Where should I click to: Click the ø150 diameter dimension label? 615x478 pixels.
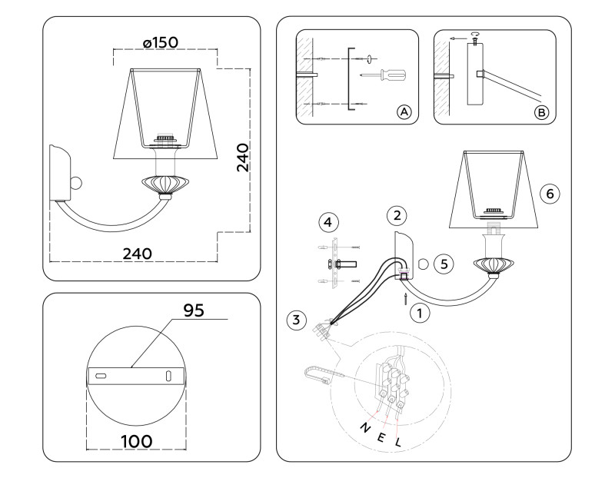pos(161,42)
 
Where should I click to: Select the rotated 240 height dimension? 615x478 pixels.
pos(243,158)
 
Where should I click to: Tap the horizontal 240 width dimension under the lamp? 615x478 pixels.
pos(135,253)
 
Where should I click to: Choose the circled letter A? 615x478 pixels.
pos(404,112)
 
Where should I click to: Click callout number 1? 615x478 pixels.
pos(419,312)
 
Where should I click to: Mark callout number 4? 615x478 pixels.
pos(328,223)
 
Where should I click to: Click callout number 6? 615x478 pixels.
pos(548,194)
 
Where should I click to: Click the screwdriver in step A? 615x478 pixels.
pos(384,75)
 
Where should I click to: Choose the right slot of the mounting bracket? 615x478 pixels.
pos(168,375)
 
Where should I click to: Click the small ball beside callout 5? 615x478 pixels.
pos(422,264)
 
